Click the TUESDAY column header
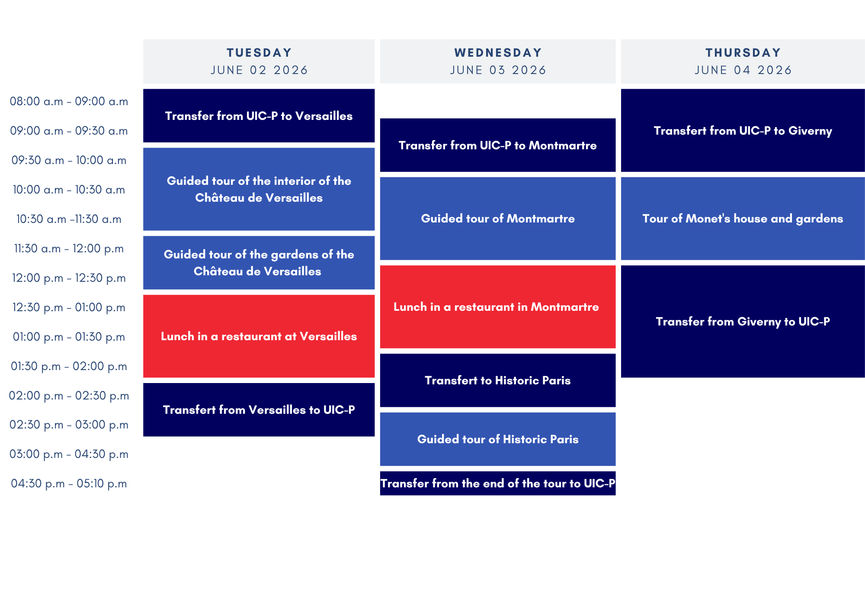(x=259, y=61)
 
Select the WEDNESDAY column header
(x=498, y=61)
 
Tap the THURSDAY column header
(x=743, y=61)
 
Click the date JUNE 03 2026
(x=498, y=70)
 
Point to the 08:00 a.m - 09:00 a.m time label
(x=69, y=101)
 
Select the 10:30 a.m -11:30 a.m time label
(x=69, y=219)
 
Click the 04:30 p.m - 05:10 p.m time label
(x=69, y=483)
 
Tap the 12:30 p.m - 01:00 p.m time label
(x=69, y=307)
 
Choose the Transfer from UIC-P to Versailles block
(x=259, y=116)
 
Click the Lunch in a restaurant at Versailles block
(x=259, y=336)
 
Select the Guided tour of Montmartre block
(x=498, y=219)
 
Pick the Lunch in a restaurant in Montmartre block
(x=498, y=307)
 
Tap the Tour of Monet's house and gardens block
(x=743, y=219)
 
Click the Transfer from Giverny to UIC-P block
(x=743, y=322)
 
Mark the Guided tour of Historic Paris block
(x=498, y=439)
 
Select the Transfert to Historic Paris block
(x=498, y=380)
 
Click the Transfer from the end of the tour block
(x=498, y=483)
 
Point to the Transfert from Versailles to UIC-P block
(x=259, y=410)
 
